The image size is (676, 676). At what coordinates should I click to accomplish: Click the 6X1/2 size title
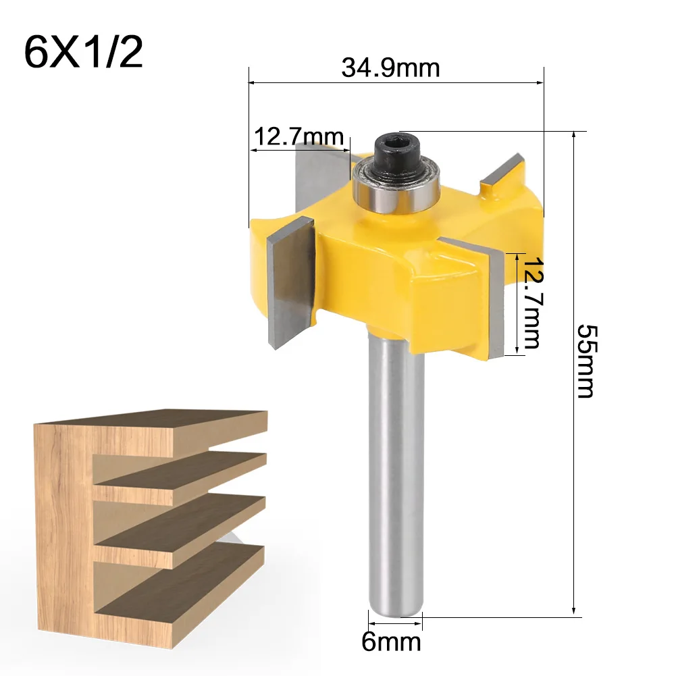(83, 53)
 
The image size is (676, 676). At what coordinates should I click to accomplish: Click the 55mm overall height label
(585, 361)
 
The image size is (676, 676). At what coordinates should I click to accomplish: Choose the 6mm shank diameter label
(391, 641)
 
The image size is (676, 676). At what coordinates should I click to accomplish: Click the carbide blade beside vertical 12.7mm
(496, 301)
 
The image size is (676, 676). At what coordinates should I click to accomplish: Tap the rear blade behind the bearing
(317, 169)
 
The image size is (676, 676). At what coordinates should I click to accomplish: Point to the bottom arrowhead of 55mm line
(574, 612)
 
